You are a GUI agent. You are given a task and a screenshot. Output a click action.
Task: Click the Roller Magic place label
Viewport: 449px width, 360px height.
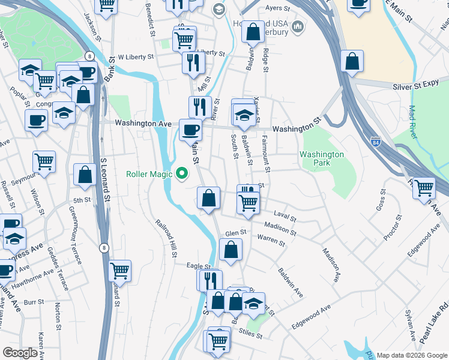149,174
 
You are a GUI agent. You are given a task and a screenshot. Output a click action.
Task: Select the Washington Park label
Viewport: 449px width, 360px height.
322,158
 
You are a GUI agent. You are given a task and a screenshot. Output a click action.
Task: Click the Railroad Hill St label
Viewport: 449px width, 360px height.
166,238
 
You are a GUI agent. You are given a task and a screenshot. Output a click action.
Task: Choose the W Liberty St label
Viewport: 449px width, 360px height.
136,57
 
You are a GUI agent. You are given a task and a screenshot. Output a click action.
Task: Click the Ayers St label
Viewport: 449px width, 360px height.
277,8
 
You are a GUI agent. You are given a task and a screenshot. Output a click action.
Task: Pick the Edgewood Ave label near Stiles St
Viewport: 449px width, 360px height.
311,316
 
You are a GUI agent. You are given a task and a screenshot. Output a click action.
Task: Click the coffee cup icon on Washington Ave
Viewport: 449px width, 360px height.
191,129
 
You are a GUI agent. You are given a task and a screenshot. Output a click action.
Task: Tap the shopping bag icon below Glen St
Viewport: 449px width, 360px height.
231,249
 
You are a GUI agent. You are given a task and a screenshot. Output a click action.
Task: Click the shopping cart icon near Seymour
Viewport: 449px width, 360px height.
44,161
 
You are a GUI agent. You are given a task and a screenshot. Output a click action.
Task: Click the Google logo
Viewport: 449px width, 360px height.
20,353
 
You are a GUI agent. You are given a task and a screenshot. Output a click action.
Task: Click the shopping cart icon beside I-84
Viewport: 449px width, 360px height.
424,188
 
